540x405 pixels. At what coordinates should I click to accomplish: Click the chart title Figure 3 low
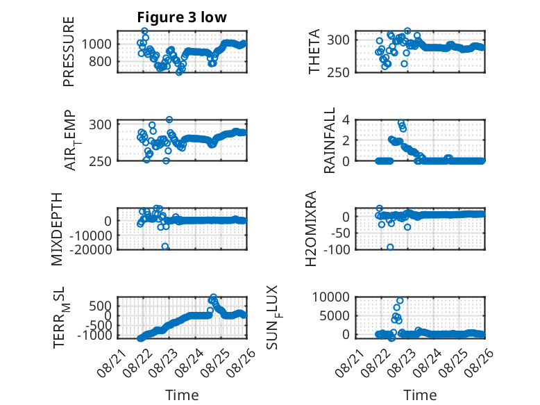182,17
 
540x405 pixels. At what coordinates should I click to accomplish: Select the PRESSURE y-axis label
69,51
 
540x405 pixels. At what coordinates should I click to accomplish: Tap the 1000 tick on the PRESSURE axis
96,44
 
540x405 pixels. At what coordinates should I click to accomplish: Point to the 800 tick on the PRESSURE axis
100,62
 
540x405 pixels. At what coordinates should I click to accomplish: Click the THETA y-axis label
314,51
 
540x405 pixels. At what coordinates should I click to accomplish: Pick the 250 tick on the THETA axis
338,73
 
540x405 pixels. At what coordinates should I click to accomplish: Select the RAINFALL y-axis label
330,140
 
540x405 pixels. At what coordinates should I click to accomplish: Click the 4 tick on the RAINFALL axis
346,120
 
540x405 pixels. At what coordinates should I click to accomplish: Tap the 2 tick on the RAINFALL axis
346,140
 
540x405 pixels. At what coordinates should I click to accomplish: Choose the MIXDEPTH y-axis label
57,229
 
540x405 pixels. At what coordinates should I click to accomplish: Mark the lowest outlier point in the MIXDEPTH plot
165,247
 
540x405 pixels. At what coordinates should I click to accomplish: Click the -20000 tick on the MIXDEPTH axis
91,249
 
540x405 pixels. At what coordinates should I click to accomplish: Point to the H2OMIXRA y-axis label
311,229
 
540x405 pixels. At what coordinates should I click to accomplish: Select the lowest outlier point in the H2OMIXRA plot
390,247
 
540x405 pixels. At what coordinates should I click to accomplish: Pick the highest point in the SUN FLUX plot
400,301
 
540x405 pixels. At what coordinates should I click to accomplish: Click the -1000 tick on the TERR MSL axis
94,335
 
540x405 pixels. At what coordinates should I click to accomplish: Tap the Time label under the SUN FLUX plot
420,395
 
